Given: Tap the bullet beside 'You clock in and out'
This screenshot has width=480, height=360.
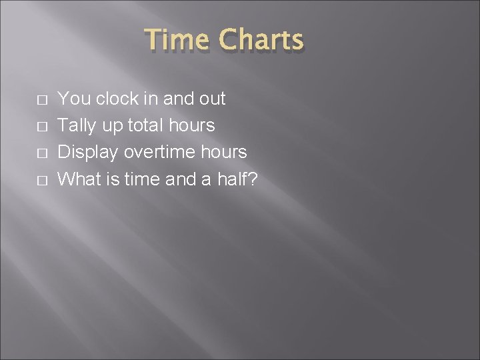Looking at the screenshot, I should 41,100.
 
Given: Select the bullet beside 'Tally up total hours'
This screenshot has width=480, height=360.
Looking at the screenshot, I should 41,127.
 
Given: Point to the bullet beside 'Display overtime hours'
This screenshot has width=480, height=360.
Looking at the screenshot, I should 41,153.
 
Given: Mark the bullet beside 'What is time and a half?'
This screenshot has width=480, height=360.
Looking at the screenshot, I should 41,180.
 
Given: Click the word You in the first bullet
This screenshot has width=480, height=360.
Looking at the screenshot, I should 74,99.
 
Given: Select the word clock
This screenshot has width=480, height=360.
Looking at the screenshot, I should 116,99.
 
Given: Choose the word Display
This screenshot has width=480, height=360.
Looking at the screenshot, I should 87,152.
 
